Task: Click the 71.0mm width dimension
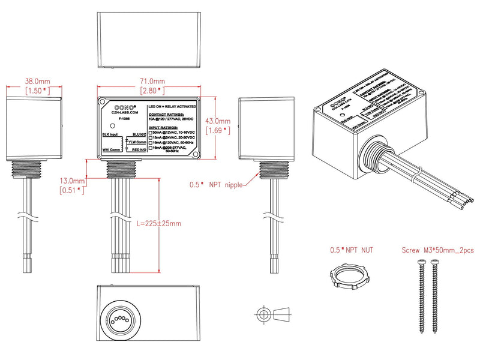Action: pos(152,81)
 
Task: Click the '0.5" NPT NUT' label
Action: pos(350,249)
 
